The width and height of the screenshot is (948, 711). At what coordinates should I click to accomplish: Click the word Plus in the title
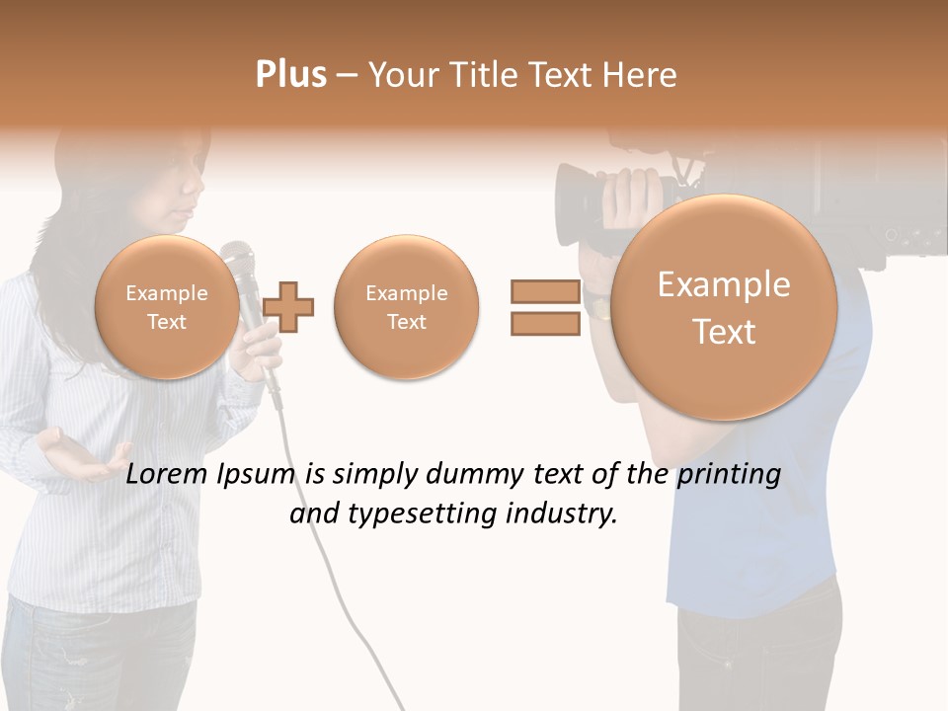(290, 75)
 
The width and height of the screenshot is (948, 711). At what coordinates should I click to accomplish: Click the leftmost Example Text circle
(166, 306)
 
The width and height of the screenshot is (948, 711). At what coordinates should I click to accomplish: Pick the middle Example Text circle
(406, 306)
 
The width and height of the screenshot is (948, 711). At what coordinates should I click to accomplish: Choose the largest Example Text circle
(724, 307)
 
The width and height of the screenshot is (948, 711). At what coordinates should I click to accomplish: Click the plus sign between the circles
(288, 306)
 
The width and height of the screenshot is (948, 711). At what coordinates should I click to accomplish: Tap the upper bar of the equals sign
(545, 291)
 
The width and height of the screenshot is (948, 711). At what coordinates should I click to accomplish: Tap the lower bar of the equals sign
(545, 323)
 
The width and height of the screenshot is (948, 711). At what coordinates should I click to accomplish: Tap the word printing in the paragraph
(728, 475)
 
